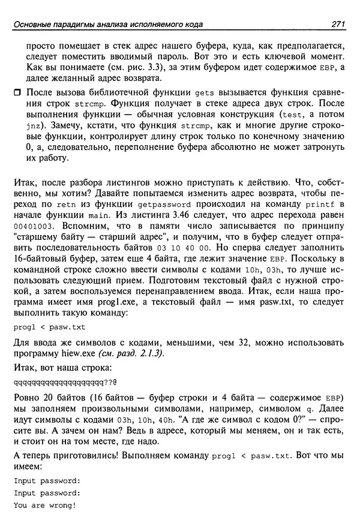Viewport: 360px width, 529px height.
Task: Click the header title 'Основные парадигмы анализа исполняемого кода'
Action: pos(109,24)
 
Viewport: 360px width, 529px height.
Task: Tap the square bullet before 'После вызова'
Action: pos(19,92)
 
